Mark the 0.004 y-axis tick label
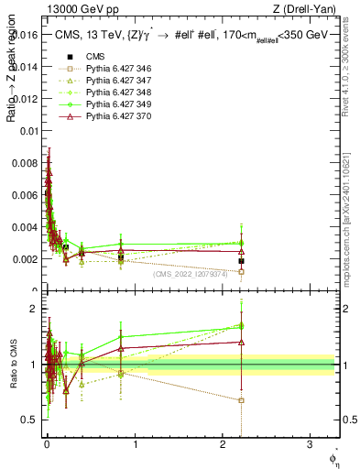coord(27,227)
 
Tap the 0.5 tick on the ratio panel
coord(31,420)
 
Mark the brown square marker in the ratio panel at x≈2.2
coord(241,400)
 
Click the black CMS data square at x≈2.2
coord(241,261)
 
